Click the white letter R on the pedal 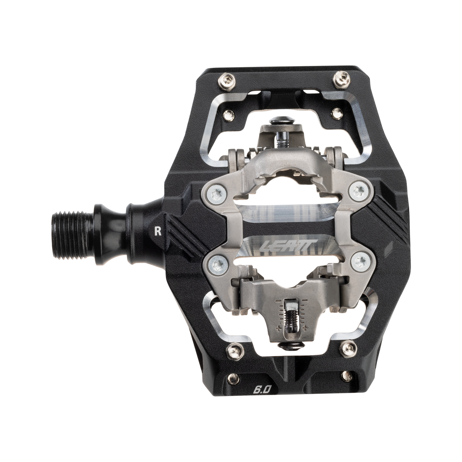coord(157,232)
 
